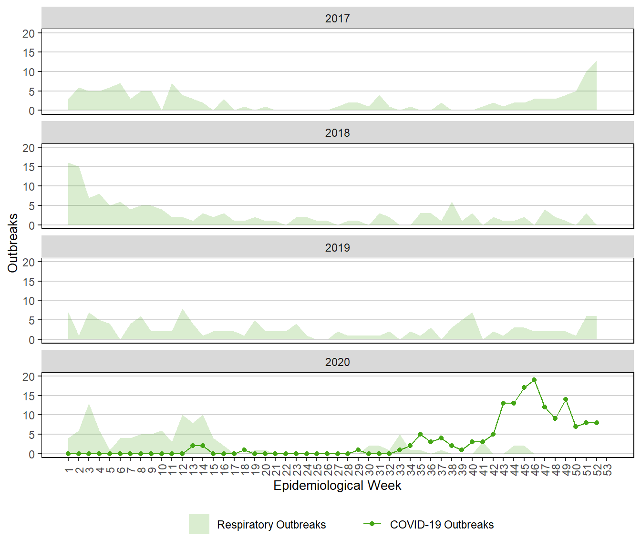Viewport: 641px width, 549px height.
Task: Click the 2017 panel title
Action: (337, 19)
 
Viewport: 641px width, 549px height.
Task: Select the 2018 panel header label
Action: (337, 133)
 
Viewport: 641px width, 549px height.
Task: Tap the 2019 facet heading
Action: (337, 248)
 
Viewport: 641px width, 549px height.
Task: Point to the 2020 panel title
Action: (337, 362)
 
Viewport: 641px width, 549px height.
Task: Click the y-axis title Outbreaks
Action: (13, 243)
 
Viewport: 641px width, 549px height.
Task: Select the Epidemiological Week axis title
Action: (337, 486)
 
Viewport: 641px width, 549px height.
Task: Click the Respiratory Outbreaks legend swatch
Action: (199, 524)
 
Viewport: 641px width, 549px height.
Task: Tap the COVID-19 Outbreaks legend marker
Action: (372, 524)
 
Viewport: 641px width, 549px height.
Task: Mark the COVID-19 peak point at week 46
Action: (534, 380)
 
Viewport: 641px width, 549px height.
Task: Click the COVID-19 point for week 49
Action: (566, 399)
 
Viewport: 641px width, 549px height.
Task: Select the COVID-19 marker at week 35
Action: (420, 434)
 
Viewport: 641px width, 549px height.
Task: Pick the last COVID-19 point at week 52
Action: (597, 423)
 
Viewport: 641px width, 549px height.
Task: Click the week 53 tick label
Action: (607, 470)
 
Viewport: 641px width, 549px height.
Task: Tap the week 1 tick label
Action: (68, 470)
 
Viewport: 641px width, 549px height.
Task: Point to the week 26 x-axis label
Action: (327, 470)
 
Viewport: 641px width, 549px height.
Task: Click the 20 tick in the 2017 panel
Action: (29, 33)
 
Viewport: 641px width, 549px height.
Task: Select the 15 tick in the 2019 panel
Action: (29, 282)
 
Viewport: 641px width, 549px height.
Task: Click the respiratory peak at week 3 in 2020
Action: (89, 404)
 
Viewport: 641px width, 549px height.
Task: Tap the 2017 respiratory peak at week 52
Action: (596, 61)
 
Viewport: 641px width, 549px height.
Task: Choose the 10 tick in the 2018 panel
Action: (29, 186)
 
